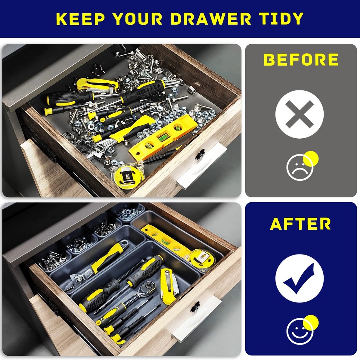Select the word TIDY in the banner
pyautogui.click(x=281, y=19)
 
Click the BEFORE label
pyautogui.click(x=301, y=60)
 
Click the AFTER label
pyautogui.click(x=301, y=224)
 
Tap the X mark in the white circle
pyautogui.click(x=300, y=114)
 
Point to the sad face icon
pyautogui.click(x=300, y=167)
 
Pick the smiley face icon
pyautogui.click(x=300, y=330)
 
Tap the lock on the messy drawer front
pyautogui.click(x=200, y=154)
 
